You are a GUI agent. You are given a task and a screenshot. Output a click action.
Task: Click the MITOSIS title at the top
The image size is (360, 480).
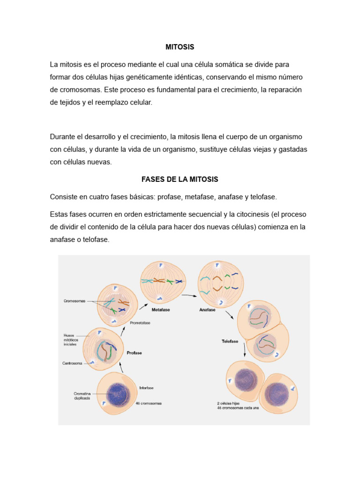click(180, 47)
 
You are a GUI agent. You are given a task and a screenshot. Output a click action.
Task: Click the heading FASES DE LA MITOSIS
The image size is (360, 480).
click(180, 180)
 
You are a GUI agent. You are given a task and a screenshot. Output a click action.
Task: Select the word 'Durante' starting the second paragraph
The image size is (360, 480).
click(62, 137)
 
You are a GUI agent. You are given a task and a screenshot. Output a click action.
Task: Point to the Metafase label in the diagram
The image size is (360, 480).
click(160, 310)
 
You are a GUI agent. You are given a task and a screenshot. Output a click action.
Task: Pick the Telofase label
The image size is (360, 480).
click(231, 341)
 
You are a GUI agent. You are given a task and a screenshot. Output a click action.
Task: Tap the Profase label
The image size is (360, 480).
click(134, 352)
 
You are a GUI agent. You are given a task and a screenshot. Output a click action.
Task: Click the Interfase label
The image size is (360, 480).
click(146, 388)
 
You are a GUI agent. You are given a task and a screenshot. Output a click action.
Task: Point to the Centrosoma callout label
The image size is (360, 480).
click(73, 363)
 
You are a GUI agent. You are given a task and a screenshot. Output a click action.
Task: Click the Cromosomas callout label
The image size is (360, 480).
click(75, 301)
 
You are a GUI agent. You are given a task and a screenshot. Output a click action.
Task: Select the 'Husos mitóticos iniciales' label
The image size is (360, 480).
click(73, 339)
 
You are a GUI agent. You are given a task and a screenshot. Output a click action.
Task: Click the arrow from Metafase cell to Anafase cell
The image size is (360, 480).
click(188, 296)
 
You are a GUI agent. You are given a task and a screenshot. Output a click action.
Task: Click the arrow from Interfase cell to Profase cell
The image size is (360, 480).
click(121, 368)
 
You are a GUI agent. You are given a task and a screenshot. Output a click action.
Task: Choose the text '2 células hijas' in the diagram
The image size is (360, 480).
click(229, 403)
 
